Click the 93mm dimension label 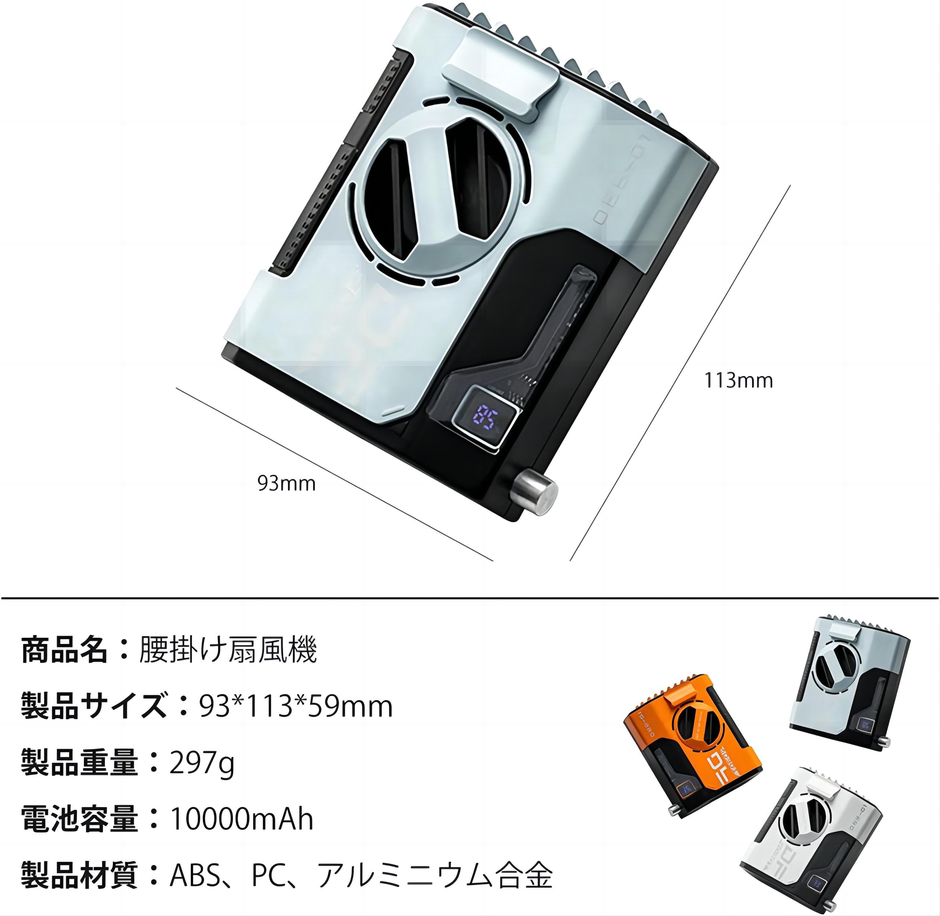tap(287, 483)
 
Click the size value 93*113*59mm tap(296, 706)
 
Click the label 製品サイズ tap(94, 706)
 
